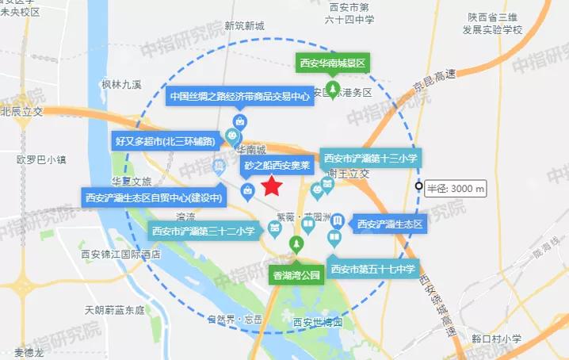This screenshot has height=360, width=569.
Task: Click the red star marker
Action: (273, 186)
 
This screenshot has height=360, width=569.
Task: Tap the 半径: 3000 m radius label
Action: (456, 189)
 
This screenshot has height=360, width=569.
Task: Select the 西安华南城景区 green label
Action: (334, 62)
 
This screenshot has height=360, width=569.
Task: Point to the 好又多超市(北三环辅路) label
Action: (166, 142)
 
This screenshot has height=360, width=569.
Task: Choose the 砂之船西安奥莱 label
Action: (276, 167)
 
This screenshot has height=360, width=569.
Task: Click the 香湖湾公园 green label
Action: (296, 275)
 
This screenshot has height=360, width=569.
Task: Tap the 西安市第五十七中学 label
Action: (372, 268)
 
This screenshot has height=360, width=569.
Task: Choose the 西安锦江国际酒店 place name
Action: (120, 255)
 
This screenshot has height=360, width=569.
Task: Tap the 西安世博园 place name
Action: (317, 323)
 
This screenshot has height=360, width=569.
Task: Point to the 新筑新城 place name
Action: (244, 25)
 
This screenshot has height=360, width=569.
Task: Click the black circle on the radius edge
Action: (418, 186)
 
